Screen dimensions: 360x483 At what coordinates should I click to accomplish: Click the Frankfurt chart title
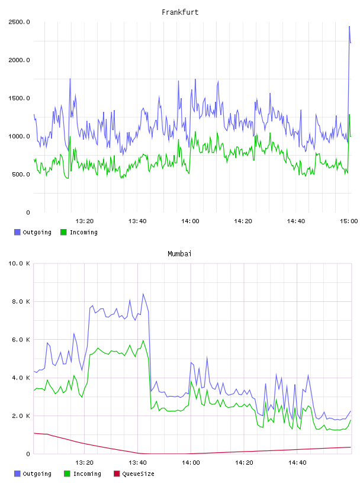coord(180,12)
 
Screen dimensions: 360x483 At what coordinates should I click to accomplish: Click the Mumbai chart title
coord(179,254)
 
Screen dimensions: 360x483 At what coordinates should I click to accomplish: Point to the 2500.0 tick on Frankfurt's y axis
coord(19,22)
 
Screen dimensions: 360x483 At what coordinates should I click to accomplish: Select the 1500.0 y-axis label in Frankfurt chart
coord(19,98)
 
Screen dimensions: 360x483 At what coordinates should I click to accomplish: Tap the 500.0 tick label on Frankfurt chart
coord(21,175)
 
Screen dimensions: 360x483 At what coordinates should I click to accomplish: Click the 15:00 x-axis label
coord(349,221)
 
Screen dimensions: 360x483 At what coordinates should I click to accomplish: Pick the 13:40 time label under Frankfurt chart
coord(137,221)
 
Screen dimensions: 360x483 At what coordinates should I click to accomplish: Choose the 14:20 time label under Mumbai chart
coord(244,462)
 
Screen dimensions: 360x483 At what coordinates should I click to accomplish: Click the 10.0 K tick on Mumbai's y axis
coord(19,263)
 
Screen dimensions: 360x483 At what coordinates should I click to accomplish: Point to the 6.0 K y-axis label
coord(21,339)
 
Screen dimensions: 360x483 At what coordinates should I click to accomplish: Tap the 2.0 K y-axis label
coord(21,416)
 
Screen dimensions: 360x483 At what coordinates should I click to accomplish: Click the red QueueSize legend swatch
coord(117,474)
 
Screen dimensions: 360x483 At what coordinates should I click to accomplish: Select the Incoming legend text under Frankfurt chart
coord(83,232)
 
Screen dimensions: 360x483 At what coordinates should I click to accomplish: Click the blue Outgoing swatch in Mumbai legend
coord(17,474)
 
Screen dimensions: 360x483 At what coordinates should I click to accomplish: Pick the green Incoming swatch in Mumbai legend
coord(67,474)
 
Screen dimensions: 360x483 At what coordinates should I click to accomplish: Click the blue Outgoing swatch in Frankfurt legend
coord(17,232)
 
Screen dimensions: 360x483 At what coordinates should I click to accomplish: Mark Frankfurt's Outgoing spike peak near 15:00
coord(349,27)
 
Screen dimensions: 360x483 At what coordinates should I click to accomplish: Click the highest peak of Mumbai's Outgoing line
coord(143,294)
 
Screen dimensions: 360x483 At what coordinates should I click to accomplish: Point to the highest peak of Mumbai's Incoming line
coord(143,340)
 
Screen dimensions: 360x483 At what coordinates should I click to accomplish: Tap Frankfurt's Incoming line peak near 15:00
coord(349,115)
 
